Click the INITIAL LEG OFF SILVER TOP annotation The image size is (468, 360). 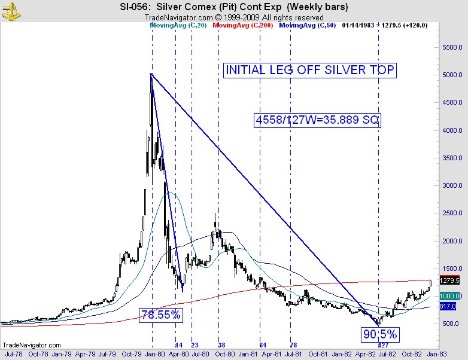point(310,70)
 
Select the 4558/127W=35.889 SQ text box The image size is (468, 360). point(317,120)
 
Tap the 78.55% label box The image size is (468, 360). point(160,314)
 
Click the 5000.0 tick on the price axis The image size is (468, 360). point(451,75)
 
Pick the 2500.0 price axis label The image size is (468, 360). point(451,213)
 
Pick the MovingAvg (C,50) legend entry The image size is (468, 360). point(306,26)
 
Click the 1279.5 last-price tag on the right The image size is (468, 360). point(449,280)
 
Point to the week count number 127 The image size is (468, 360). point(384,346)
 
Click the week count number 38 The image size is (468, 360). point(221,346)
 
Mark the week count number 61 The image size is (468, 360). point(263,346)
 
